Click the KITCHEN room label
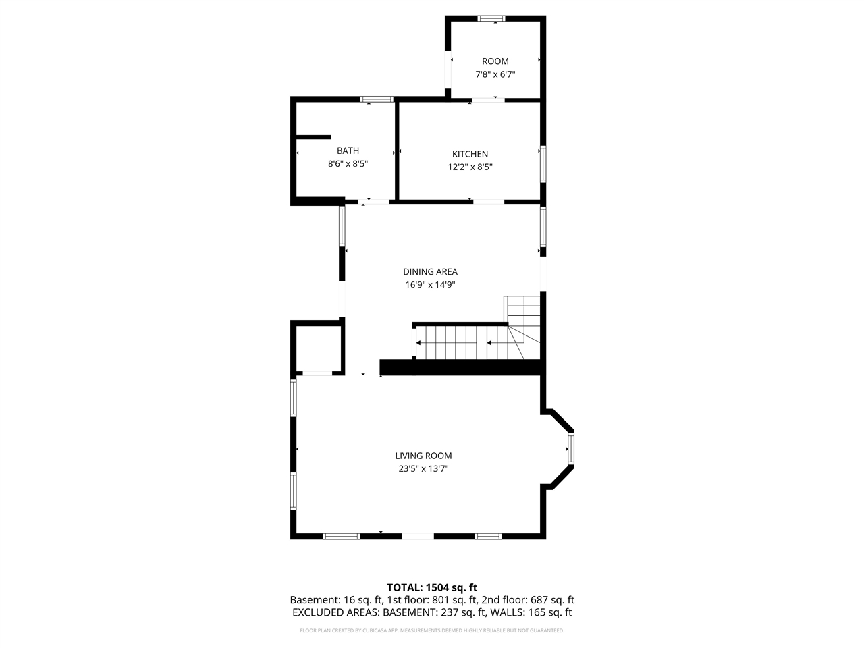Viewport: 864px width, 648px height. click(470, 154)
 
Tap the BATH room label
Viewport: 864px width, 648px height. click(348, 151)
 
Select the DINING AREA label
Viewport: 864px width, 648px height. click(430, 271)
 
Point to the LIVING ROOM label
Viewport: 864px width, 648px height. click(423, 456)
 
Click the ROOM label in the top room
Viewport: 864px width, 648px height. click(495, 61)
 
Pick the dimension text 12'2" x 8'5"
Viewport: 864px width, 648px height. click(470, 167)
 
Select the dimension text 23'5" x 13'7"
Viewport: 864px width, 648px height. click(423, 468)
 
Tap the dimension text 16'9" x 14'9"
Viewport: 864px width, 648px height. click(430, 284)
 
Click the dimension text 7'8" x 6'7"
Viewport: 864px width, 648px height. click(495, 74)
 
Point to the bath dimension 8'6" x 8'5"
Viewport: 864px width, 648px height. click(348, 163)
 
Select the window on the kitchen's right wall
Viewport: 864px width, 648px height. click(543, 164)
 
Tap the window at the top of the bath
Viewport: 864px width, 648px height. click(377, 99)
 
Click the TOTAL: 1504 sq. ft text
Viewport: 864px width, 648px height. click(432, 587)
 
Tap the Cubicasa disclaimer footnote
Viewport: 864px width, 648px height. click(432, 630)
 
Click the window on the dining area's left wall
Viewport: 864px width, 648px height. click(342, 226)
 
